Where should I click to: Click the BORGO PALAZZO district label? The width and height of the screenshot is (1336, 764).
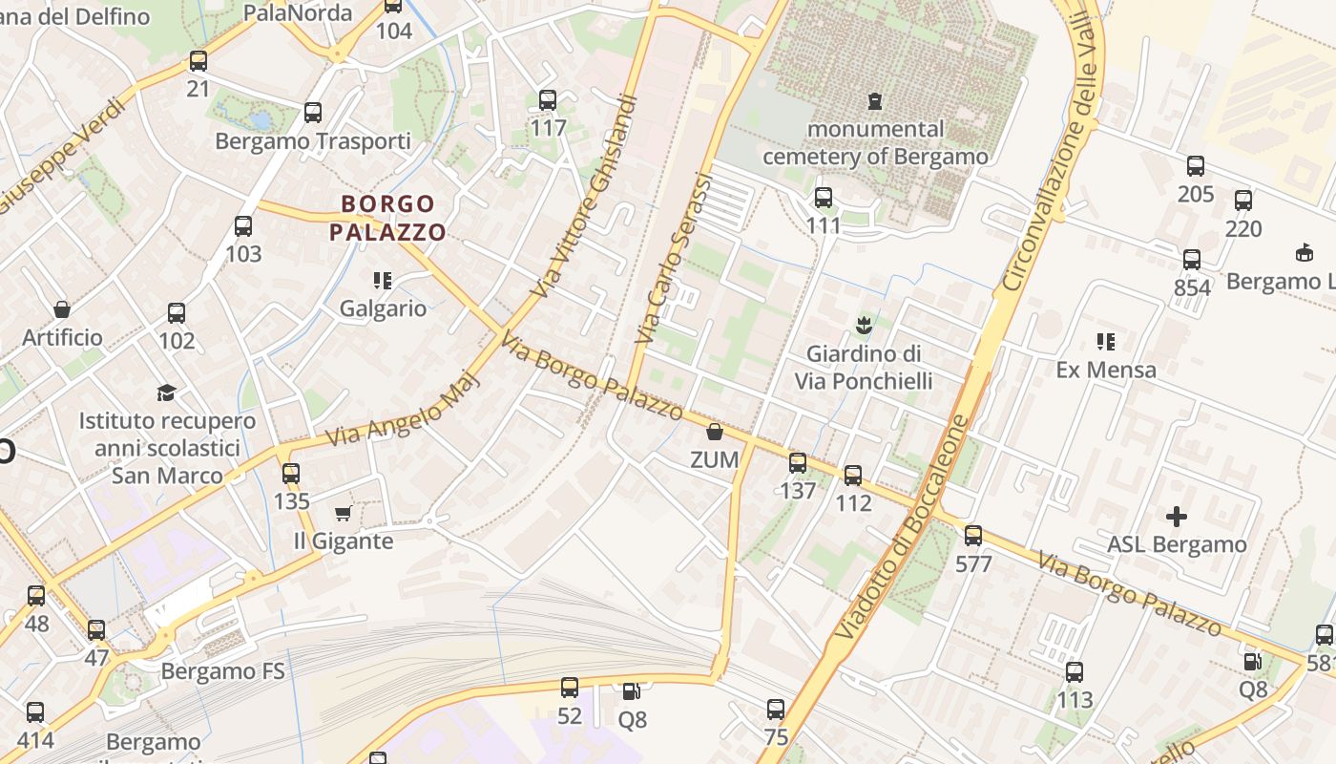(x=387, y=218)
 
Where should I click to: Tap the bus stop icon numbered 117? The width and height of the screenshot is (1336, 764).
(x=548, y=100)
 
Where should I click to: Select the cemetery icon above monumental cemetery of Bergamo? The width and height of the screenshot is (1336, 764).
(x=874, y=100)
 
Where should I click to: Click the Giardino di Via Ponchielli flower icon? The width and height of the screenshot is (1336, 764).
(x=864, y=326)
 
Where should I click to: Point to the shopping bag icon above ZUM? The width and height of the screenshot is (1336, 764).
(x=715, y=433)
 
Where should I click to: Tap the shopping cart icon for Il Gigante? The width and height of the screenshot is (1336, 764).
(x=344, y=514)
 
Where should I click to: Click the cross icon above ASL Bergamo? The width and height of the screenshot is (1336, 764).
(x=1177, y=517)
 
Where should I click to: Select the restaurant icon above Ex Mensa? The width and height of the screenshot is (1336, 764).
(x=1106, y=342)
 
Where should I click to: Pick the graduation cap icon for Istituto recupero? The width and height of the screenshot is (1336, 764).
(x=167, y=393)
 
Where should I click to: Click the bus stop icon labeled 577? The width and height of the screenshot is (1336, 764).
(x=973, y=536)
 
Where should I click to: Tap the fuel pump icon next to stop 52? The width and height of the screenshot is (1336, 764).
(x=631, y=690)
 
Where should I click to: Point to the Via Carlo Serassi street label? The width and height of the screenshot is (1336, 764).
(x=674, y=258)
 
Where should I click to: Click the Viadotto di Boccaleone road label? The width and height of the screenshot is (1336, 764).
(x=902, y=527)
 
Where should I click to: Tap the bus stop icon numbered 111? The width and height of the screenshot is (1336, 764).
(x=823, y=199)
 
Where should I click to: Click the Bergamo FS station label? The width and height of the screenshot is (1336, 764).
(x=222, y=670)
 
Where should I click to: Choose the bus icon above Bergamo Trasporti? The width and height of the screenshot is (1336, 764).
(x=313, y=113)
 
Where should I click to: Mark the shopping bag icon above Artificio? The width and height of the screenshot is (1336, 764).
(x=62, y=309)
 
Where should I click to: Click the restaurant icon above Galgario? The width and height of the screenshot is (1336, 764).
(x=383, y=281)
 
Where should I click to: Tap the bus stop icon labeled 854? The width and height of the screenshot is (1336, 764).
(x=1192, y=260)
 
